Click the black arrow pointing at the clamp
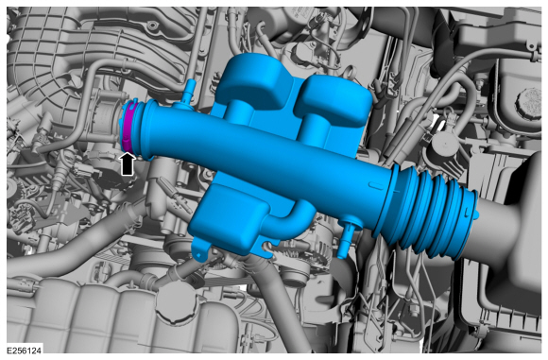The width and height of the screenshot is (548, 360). tap(128, 164)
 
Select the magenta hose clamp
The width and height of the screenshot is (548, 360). tap(128, 127)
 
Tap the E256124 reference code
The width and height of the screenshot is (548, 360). tap(25, 351)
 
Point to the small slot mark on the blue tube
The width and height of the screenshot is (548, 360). tap(375, 184)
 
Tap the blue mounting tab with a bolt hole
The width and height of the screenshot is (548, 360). tap(200, 249)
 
